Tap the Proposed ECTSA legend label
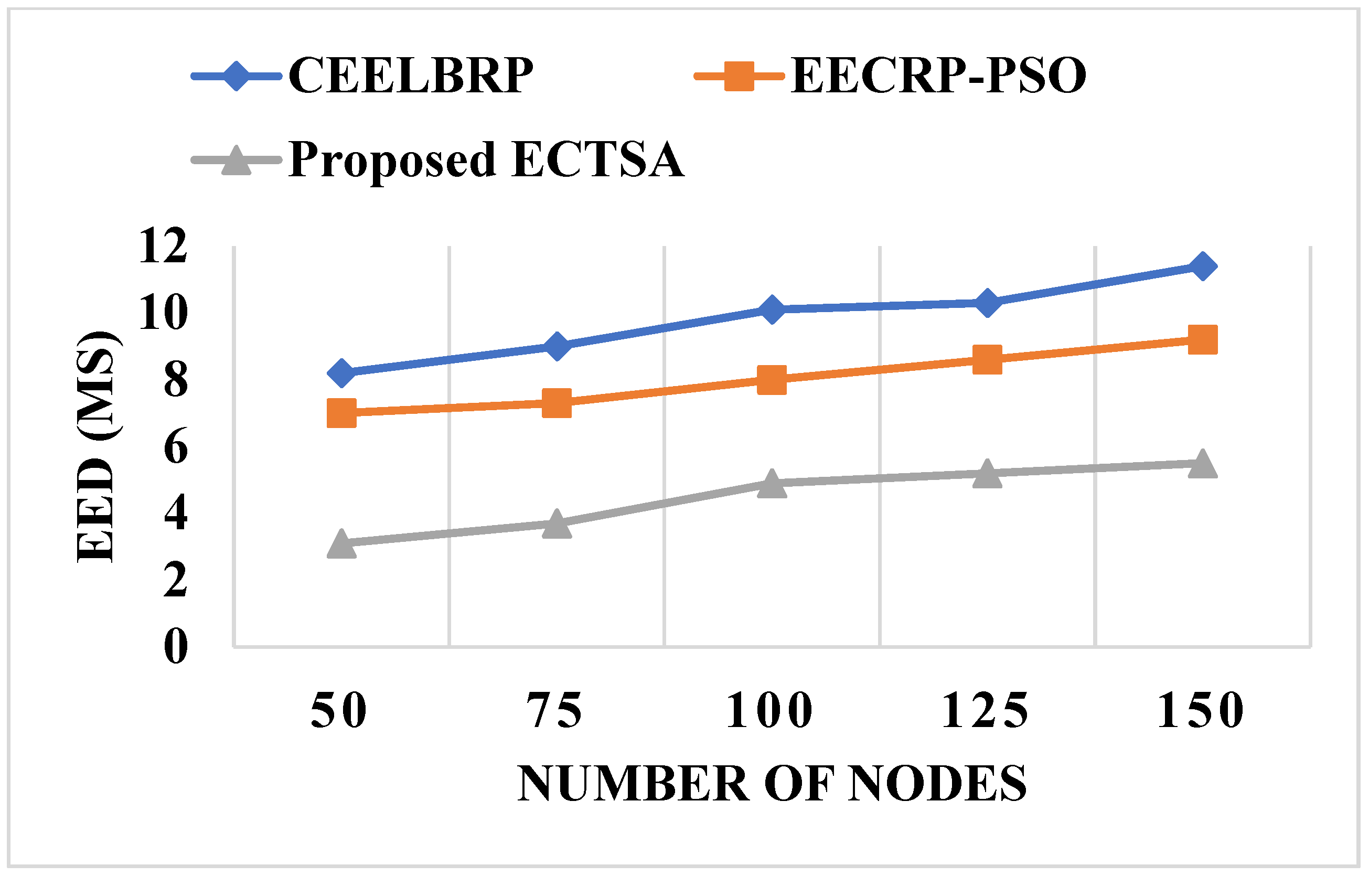click(486, 160)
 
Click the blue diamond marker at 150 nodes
click(1202, 266)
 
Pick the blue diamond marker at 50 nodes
click(342, 373)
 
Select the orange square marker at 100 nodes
click(772, 380)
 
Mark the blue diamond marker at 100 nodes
click(772, 309)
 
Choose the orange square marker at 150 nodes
click(1202, 340)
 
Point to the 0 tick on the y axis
click(175, 647)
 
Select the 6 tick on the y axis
click(175, 447)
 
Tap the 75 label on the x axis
click(554, 711)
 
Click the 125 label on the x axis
click(986, 711)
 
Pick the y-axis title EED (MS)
click(97, 446)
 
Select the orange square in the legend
click(739, 76)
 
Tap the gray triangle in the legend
click(236, 161)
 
